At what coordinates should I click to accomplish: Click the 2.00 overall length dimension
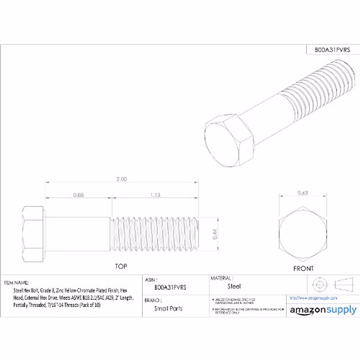121,179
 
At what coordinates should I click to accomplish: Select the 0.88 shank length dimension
79,195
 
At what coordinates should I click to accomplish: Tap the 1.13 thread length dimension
155,195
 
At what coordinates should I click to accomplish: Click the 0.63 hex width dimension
303,193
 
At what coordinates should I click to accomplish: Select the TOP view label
121,266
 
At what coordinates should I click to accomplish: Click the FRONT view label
303,269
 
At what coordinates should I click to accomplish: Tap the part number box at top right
332,50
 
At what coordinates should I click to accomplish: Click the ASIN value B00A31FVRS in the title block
170,287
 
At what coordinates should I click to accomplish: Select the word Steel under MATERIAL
234,286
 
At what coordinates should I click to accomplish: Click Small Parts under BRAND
168,308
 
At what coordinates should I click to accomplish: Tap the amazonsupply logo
323,310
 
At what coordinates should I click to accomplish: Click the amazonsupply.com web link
313,298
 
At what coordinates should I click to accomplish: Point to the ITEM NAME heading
16,283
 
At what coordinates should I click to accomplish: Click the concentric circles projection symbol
319,284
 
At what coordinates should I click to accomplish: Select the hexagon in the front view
303,233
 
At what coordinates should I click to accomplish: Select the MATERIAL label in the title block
222,278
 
